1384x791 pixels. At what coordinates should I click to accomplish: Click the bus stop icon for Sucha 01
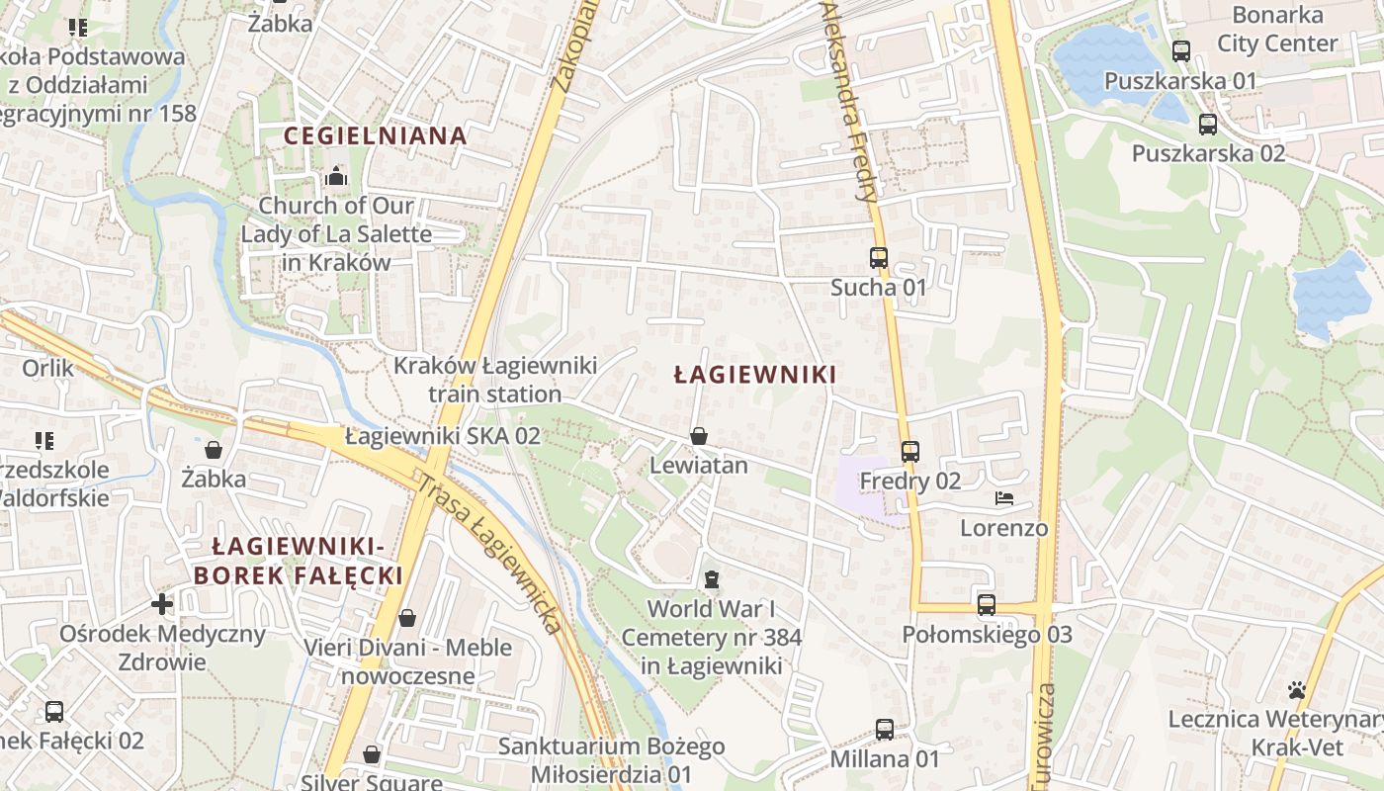[x=878, y=258]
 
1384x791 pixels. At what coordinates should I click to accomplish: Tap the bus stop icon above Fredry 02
[x=909, y=452]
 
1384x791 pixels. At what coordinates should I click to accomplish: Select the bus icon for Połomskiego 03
[x=986, y=605]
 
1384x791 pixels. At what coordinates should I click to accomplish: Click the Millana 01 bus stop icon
[x=885, y=730]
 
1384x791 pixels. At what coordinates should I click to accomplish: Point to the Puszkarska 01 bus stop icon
[x=1180, y=51]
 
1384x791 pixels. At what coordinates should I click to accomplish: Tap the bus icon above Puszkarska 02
[x=1207, y=125]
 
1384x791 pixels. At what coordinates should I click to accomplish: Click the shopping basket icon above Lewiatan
[x=699, y=436]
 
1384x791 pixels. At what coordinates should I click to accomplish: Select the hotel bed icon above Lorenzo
[x=1003, y=498]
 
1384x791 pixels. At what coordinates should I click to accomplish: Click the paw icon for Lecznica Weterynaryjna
[x=1297, y=689]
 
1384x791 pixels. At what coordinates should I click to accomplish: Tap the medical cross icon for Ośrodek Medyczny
[x=162, y=603]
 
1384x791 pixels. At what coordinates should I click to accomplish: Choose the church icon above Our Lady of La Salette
[x=336, y=177]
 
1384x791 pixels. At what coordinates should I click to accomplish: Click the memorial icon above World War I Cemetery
[x=711, y=579]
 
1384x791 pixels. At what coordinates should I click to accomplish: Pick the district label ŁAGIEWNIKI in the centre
[x=754, y=375]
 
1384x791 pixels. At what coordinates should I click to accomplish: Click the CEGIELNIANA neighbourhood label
[x=375, y=135]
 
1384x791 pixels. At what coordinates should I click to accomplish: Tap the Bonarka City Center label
[x=1277, y=30]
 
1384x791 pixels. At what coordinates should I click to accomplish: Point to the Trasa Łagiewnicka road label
[x=489, y=554]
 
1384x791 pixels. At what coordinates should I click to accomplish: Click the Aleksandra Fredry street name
[x=849, y=99]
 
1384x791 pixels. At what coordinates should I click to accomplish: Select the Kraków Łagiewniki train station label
[x=495, y=380]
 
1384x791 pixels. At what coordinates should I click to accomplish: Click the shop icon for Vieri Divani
[x=406, y=619]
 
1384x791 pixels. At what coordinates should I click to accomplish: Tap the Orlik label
[x=47, y=368]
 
